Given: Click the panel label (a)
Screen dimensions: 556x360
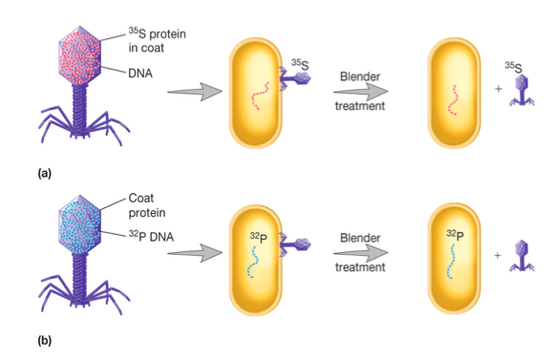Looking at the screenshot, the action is pyautogui.click(x=44, y=174).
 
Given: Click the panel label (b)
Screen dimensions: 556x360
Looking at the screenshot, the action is pyautogui.click(x=44, y=341).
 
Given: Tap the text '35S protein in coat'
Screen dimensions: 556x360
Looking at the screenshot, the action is pyautogui.click(x=157, y=40).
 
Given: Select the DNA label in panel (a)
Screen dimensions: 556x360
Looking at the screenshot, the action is pyautogui.click(x=140, y=74).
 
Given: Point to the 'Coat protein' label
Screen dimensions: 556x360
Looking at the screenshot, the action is pyautogui.click(x=147, y=205).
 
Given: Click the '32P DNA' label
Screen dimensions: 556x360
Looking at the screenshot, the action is pyautogui.click(x=151, y=236).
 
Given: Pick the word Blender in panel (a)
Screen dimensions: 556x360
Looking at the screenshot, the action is pyautogui.click(x=360, y=76).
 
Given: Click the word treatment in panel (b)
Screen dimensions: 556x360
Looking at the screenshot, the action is pyautogui.click(x=360, y=266).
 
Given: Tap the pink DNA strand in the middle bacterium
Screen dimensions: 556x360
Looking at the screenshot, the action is pyautogui.click(x=260, y=96).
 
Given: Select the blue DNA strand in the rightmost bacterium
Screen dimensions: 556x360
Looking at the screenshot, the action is pyautogui.click(x=451, y=262).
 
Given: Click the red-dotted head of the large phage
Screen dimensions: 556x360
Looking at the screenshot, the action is pyautogui.click(x=80, y=55).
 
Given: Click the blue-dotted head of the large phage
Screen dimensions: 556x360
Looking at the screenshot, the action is pyautogui.click(x=80, y=224).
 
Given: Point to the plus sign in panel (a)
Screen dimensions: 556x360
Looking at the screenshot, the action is pyautogui.click(x=498, y=89).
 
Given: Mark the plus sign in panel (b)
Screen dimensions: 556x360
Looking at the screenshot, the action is pyautogui.click(x=498, y=255).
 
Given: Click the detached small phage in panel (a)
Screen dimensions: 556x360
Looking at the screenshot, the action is pyautogui.click(x=522, y=91).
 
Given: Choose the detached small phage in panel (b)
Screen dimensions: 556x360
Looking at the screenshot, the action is pyautogui.click(x=522, y=256).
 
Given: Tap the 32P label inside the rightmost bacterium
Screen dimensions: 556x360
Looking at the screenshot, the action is pyautogui.click(x=456, y=235).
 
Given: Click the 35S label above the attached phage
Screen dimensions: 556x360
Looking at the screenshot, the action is pyautogui.click(x=300, y=64).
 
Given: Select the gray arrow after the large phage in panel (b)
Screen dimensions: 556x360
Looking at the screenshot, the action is pyautogui.click(x=195, y=253).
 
